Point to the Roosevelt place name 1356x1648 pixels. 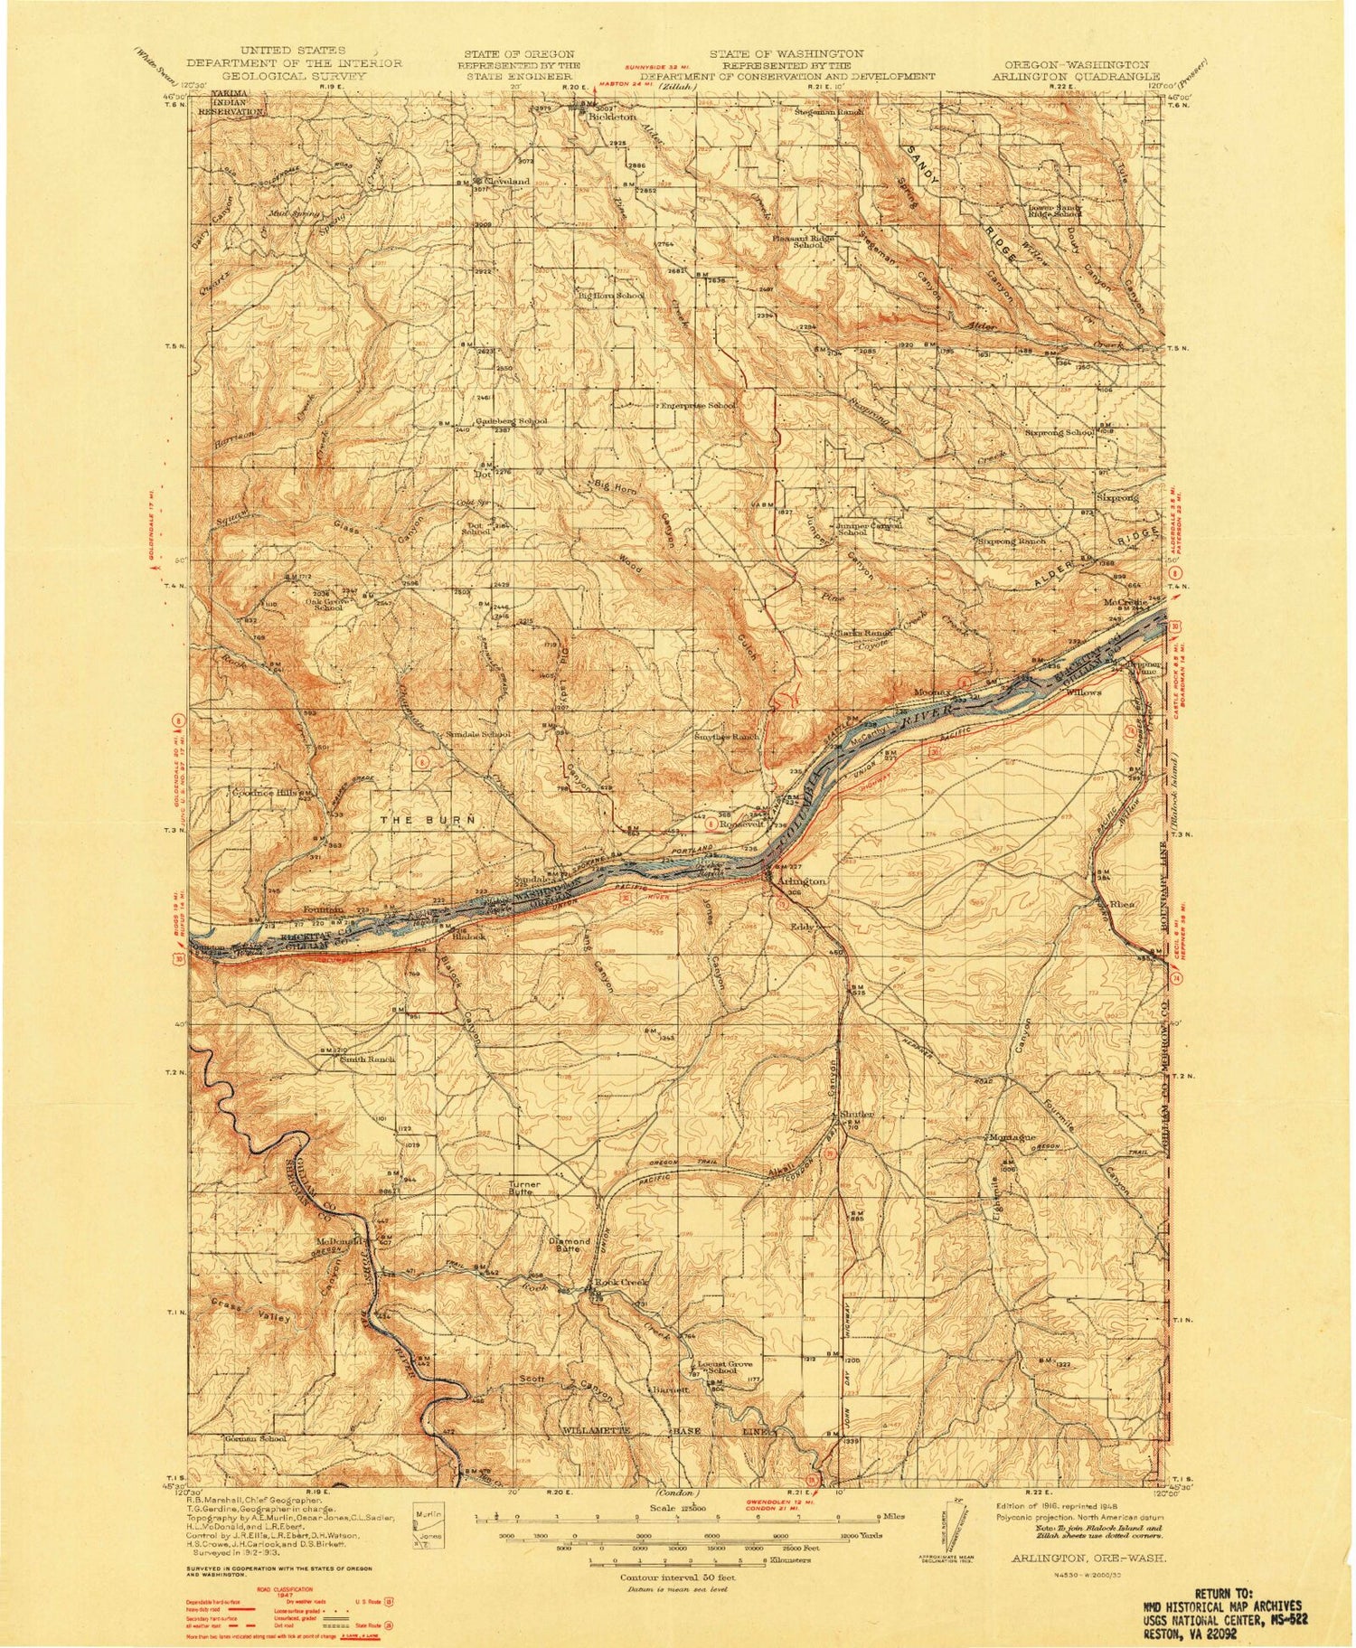(743, 824)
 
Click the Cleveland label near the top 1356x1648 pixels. (508, 181)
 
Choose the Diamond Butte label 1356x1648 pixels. (570, 1246)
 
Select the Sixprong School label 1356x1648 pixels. (1059, 433)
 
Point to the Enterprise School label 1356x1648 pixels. (697, 406)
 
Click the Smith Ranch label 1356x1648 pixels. (367, 1059)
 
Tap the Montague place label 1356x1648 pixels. (1010, 1136)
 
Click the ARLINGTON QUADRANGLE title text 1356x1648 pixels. (1076, 78)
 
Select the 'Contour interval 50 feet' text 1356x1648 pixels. (677, 1577)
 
